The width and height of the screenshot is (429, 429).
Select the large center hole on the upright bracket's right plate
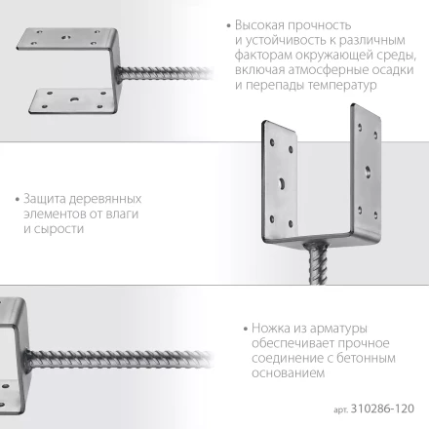pyautogui.click(x=368, y=172)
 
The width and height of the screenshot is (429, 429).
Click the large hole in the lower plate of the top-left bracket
pyautogui.click(x=72, y=97)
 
